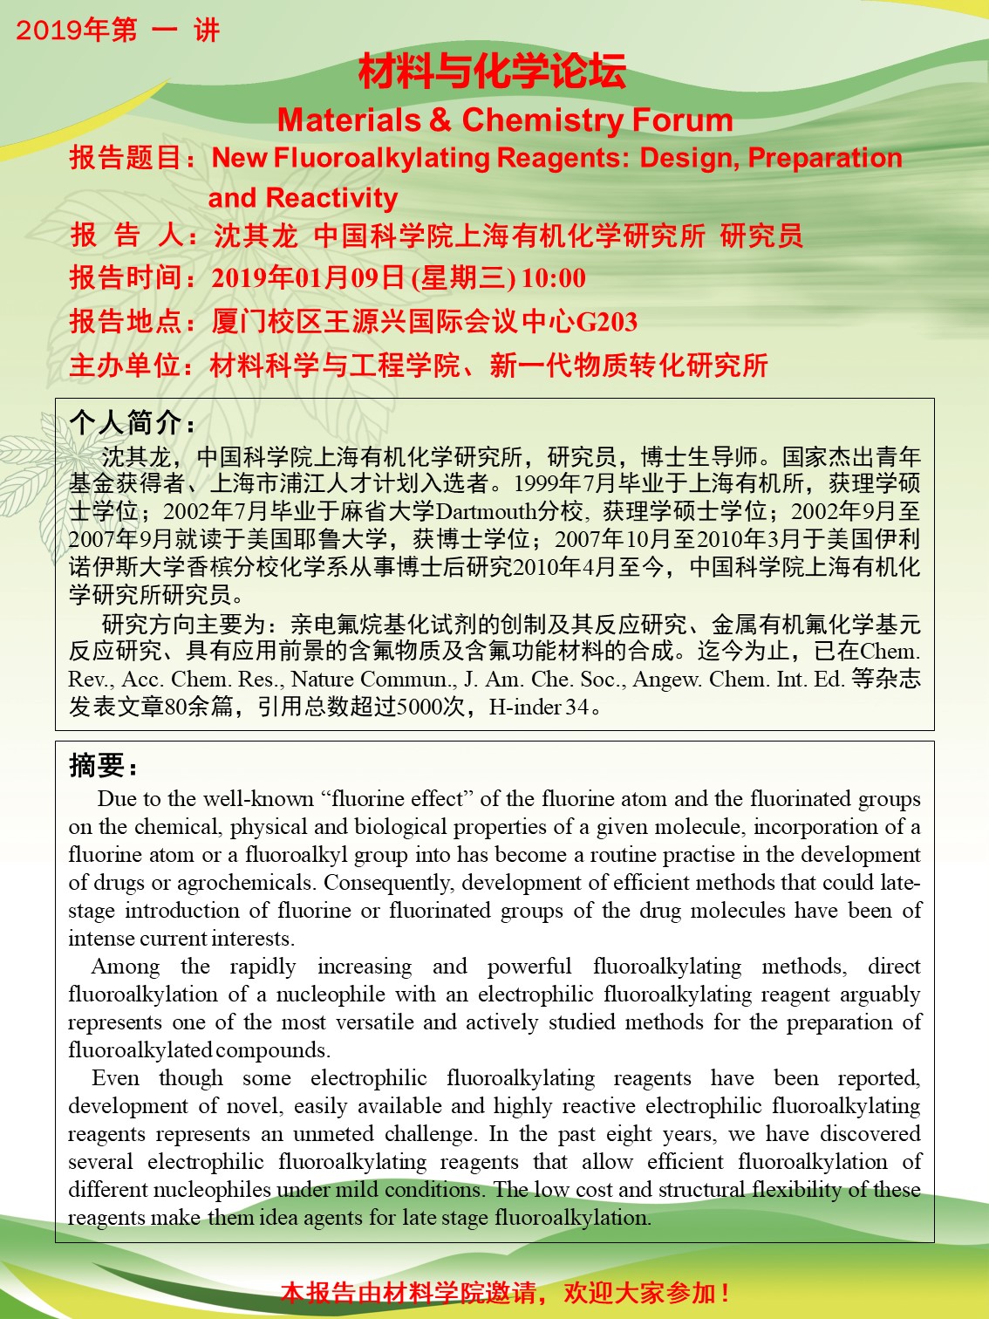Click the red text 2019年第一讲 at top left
pyautogui.click(x=118, y=31)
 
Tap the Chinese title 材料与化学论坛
pyautogui.click(x=493, y=72)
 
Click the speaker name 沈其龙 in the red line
pyautogui.click(x=256, y=236)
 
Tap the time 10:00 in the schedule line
pyautogui.click(x=554, y=278)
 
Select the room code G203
pyautogui.click(x=607, y=322)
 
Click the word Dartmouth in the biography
pyautogui.click(x=486, y=511)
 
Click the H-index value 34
pyautogui.click(x=577, y=707)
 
